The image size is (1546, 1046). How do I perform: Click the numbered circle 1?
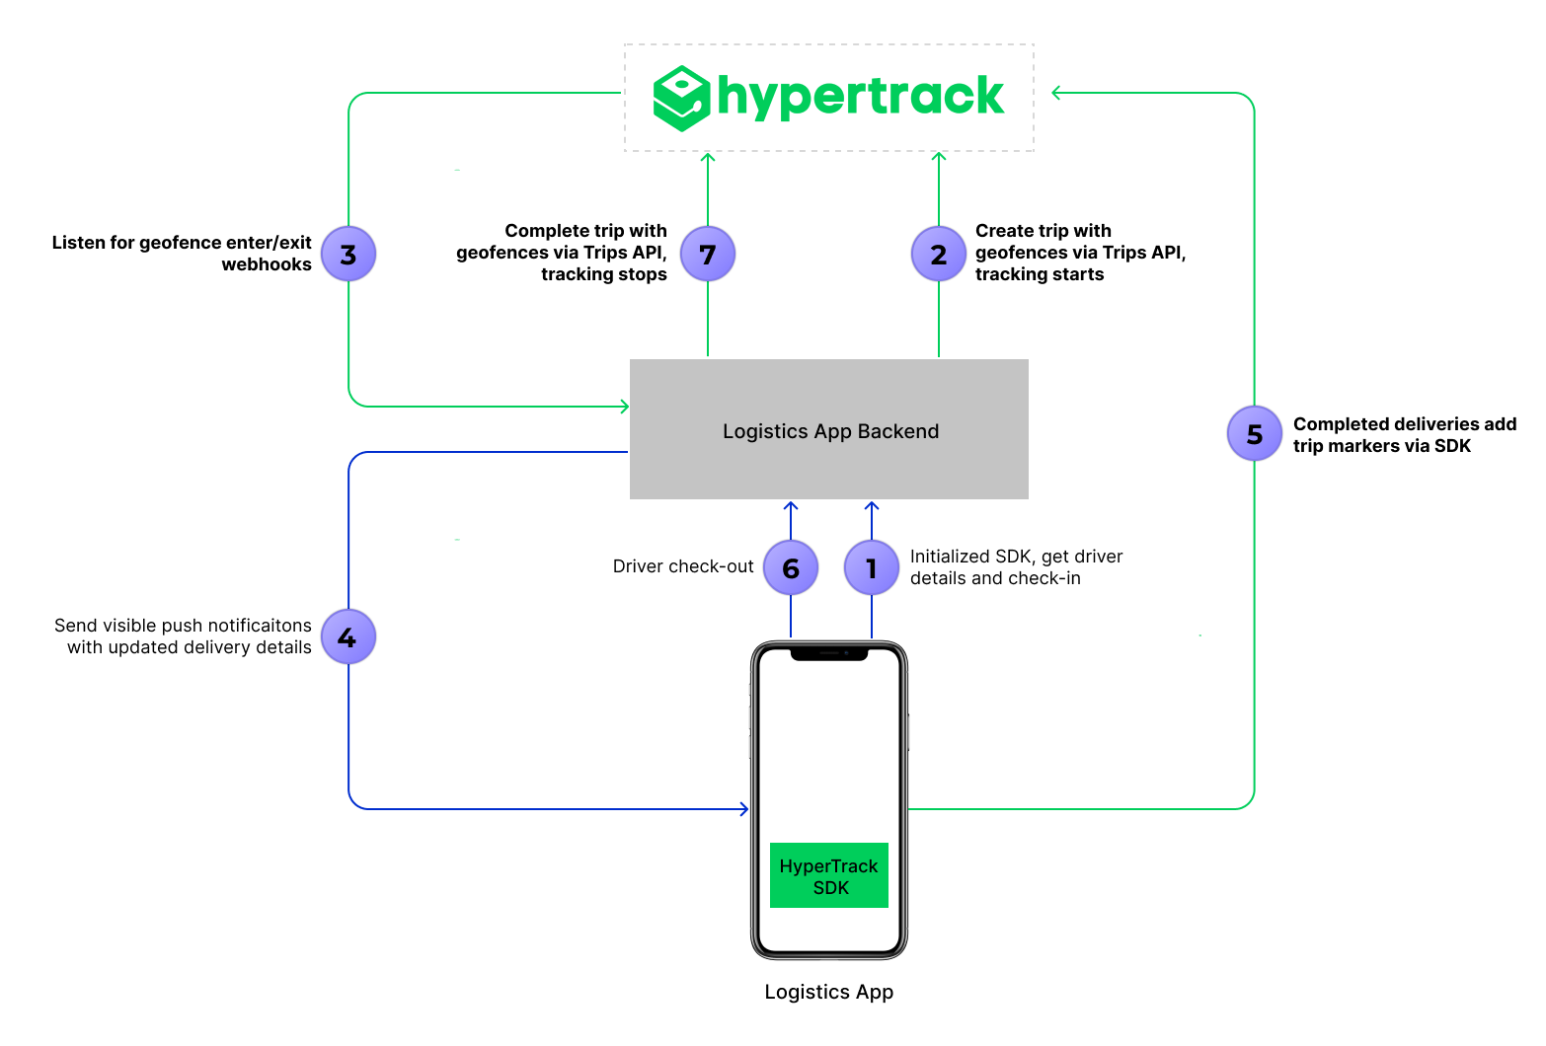pos(871,567)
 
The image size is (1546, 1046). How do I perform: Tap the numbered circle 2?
pos(938,254)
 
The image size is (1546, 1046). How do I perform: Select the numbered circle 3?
pos(348,254)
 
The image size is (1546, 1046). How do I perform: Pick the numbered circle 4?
pos(348,636)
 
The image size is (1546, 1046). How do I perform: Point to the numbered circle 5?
pos(1254,433)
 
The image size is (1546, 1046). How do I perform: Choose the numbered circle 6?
pos(791,567)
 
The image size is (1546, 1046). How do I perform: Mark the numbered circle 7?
pos(708,254)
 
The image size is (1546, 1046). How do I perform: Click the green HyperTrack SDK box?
pos(829,875)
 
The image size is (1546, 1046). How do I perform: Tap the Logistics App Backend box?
pos(829,429)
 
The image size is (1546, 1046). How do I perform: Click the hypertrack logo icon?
pos(681,98)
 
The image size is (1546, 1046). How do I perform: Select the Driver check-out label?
pos(683,566)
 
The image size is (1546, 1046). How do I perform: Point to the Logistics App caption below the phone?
pos(829,992)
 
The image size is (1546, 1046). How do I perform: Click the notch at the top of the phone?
pos(829,652)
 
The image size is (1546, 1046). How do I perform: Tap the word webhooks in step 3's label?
pos(267,264)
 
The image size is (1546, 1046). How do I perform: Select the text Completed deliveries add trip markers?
pos(1404,435)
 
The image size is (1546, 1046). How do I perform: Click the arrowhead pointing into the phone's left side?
pos(744,809)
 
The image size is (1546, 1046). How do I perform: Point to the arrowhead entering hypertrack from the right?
pos(1056,93)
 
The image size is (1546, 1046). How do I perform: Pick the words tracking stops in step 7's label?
pos(604,274)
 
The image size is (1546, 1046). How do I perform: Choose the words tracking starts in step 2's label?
pos(1040,274)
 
